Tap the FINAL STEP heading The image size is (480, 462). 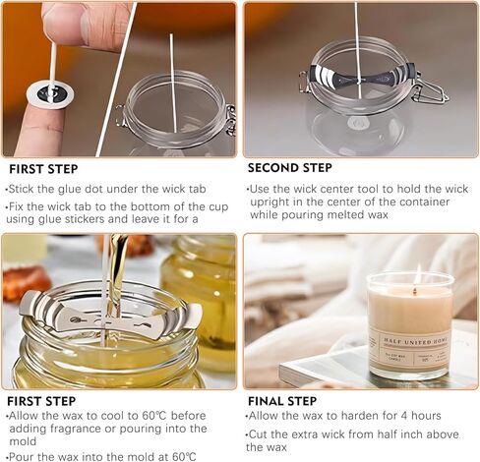click(x=281, y=401)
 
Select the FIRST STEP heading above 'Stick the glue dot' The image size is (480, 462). click(x=45, y=168)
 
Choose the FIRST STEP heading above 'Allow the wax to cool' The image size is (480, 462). click(x=40, y=401)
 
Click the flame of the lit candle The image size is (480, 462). click(x=417, y=273)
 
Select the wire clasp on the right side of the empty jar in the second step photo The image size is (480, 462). click(x=429, y=90)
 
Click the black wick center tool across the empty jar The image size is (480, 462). click(x=360, y=77)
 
